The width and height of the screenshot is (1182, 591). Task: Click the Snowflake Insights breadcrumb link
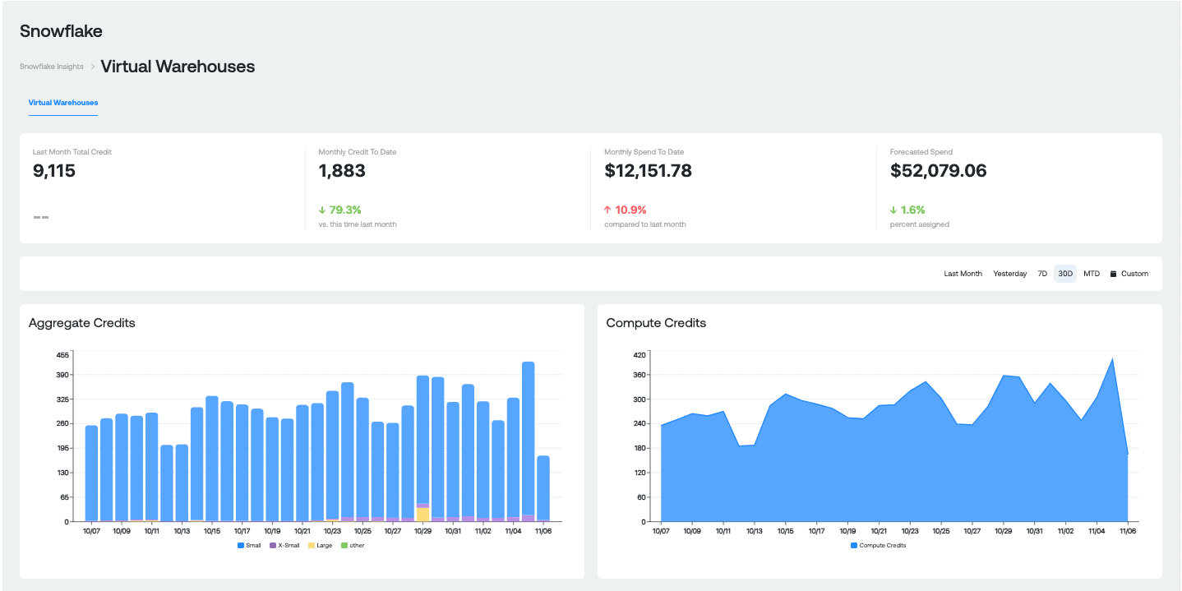click(x=51, y=67)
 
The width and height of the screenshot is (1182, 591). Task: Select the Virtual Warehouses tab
click(x=62, y=103)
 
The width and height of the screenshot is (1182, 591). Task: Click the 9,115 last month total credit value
click(x=54, y=171)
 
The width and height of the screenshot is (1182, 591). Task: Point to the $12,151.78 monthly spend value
click(x=648, y=171)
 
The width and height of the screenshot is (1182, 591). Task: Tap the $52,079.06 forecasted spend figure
click(x=938, y=171)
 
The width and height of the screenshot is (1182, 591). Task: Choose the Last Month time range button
click(x=963, y=274)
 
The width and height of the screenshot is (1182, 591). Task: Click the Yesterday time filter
click(x=1009, y=274)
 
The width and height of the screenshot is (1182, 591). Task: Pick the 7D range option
click(x=1041, y=274)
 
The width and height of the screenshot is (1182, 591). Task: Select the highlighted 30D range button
click(x=1065, y=274)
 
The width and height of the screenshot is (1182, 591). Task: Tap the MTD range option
click(x=1091, y=274)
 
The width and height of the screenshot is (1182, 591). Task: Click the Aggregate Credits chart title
click(x=81, y=323)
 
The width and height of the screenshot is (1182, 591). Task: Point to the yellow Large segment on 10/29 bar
click(x=422, y=515)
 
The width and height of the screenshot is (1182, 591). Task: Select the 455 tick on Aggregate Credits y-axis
click(x=62, y=355)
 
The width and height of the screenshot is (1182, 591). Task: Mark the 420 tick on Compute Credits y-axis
click(x=639, y=355)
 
